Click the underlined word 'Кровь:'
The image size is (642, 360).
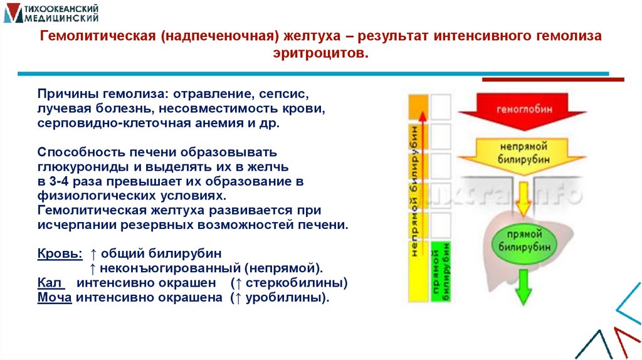[59, 254]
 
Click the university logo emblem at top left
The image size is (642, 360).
[13, 13]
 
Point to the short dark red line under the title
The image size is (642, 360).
[552, 80]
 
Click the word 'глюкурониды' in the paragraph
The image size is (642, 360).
[84, 167]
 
